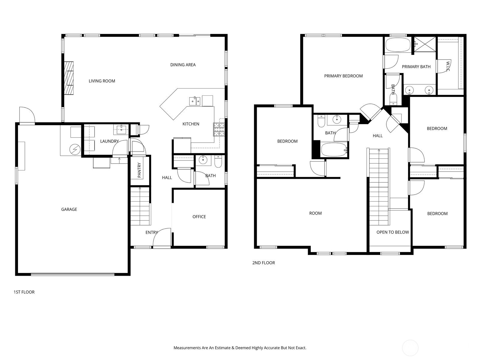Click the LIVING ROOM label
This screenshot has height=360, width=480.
[102, 81]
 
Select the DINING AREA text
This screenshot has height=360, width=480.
[183, 65]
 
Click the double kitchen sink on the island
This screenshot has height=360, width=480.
[195, 101]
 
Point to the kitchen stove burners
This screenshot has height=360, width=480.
[219, 130]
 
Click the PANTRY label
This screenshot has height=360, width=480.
[139, 170]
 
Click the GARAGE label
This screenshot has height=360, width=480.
[69, 209]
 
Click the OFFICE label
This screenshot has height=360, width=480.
[199, 217]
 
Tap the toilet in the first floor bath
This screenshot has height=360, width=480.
[218, 162]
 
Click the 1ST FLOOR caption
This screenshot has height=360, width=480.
[24, 292]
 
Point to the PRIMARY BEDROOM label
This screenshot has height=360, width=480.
[343, 76]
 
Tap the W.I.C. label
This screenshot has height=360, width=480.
[448, 66]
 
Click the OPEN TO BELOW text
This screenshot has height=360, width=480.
[392, 232]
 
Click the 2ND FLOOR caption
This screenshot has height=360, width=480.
[263, 263]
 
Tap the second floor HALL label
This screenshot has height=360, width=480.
[377, 136]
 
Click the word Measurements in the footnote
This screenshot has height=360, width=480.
[187, 348]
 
